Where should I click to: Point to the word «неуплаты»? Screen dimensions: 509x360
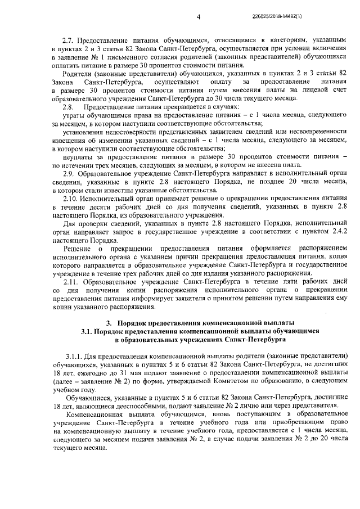(x=78, y=157)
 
